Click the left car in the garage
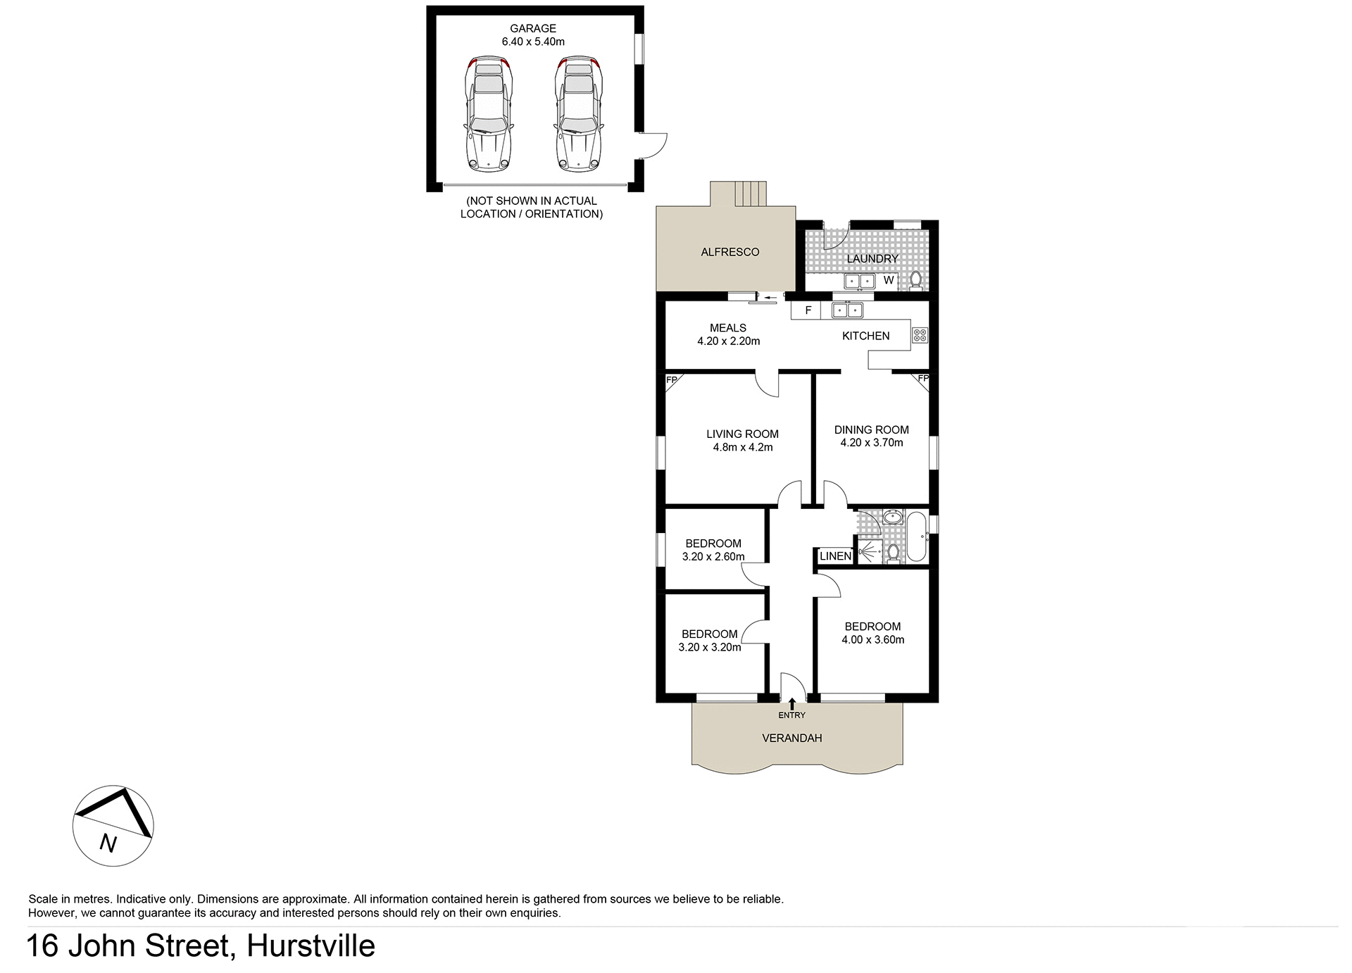[488, 115]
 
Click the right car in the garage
[579, 115]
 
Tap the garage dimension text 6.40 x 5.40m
[533, 42]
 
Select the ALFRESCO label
[730, 252]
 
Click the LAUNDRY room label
[872, 258]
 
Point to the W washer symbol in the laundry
[889, 280]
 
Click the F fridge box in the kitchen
[808, 310]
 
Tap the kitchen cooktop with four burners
[920, 335]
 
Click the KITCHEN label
[865, 336]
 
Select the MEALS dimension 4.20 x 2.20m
[728, 341]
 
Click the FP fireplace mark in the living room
[672, 380]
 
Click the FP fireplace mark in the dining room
[922, 379]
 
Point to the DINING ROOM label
[871, 429]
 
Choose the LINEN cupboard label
[835, 556]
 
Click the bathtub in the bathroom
[916, 537]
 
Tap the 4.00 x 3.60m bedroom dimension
[872, 640]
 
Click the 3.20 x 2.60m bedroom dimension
[713, 557]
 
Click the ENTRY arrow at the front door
[792, 703]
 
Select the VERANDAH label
[791, 738]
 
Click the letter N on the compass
[108, 842]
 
